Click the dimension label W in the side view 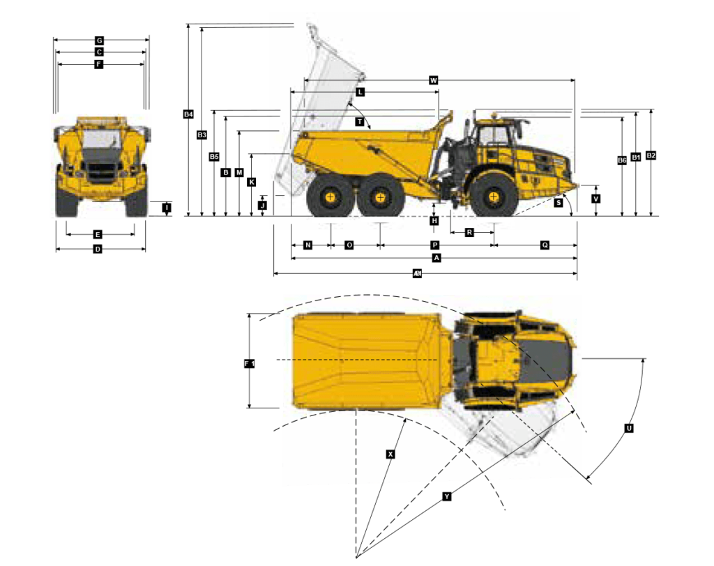coord(433,80)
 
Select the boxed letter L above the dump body coord(360,92)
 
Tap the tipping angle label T coord(360,122)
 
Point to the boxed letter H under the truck coord(434,221)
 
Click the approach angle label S coord(559,203)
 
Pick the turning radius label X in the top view coord(390,454)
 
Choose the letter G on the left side coord(100,41)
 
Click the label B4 coord(188,114)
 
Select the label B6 coord(622,160)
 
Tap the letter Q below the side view coord(545,245)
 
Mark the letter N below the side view coord(307,245)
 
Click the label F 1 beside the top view coord(250,364)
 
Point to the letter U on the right coord(629,428)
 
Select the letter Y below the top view coord(447,496)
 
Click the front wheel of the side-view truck coord(494,197)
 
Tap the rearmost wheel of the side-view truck coord(330,198)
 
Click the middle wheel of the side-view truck coord(380,198)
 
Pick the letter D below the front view coord(98,249)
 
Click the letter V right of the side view coord(595,199)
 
